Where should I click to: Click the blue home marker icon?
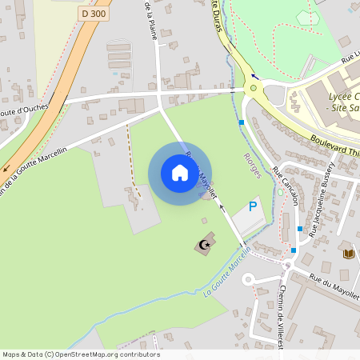tap(179, 172)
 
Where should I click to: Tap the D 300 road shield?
tap(94, 14)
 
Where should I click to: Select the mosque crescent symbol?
tap(206, 244)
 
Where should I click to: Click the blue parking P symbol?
tap(254, 206)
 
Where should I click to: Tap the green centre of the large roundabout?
tap(254, 88)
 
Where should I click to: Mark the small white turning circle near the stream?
tap(248, 279)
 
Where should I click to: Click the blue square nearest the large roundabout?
tap(242, 122)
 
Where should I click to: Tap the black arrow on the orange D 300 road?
tap(7, 169)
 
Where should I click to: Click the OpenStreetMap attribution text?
tap(81, 354)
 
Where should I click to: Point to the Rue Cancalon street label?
tap(285, 186)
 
